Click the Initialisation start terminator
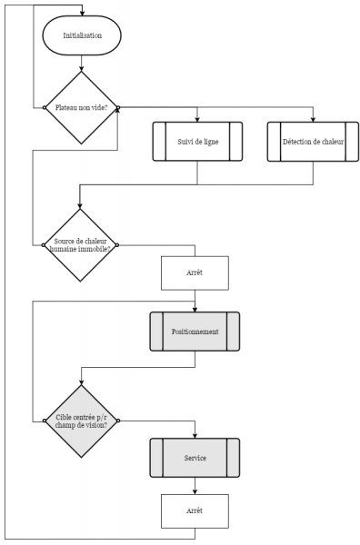82,36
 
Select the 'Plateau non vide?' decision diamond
82,107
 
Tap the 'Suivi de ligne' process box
197,142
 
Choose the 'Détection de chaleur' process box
312,142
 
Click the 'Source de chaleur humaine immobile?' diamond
82,245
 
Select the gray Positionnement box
195,332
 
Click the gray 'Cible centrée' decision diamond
82,420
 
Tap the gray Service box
195,458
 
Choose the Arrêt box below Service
195,510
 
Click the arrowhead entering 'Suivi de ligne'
197,119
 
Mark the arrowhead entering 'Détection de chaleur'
312,119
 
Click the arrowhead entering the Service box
195,436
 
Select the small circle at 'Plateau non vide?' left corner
45,107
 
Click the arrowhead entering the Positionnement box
195,309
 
